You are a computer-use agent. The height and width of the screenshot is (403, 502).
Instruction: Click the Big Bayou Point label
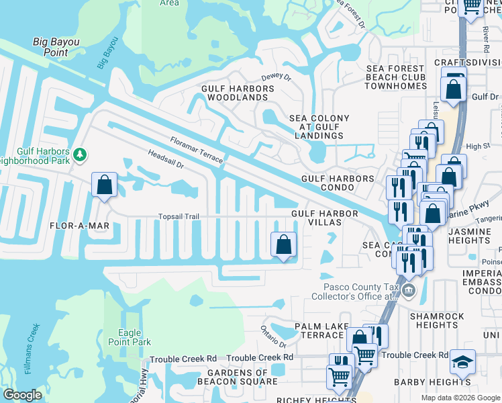(x=56, y=48)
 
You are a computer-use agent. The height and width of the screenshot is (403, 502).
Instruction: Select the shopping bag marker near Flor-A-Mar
(x=105, y=185)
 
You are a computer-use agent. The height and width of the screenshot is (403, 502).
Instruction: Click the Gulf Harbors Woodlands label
(x=234, y=92)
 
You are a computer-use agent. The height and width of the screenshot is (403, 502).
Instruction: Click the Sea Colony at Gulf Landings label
(x=319, y=127)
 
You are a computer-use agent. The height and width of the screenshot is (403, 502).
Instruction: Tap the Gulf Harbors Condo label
(x=338, y=183)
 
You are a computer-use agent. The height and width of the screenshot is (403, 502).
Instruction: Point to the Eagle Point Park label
(x=130, y=337)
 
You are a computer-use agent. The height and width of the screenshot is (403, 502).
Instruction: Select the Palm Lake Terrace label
(x=319, y=330)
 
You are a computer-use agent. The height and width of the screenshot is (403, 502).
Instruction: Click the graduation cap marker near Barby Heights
(x=462, y=363)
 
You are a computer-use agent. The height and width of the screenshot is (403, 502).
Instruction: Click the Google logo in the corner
(x=22, y=394)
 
